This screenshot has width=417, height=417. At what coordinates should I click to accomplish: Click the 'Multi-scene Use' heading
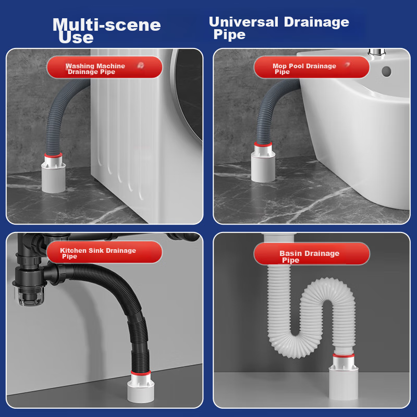(x=106, y=31)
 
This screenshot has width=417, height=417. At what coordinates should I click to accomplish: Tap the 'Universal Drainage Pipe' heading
(x=279, y=28)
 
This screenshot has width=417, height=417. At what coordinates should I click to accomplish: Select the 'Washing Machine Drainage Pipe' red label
(x=105, y=67)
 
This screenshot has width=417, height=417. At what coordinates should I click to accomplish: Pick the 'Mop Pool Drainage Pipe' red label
(x=312, y=67)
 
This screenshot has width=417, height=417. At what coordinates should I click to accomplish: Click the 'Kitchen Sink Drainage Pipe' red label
(x=104, y=252)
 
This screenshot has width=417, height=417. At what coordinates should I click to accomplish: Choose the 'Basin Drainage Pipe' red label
(x=312, y=254)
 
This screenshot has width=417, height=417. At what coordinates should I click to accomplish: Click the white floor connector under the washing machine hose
(x=54, y=174)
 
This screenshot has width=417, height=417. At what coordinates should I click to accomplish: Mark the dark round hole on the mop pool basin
(x=386, y=71)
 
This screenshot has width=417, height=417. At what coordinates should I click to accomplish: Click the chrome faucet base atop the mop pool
(x=377, y=53)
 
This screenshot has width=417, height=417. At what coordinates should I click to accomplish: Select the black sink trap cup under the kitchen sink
(x=30, y=294)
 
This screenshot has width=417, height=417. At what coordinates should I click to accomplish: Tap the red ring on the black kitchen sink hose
(x=141, y=373)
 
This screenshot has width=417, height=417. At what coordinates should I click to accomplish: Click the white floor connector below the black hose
(x=141, y=388)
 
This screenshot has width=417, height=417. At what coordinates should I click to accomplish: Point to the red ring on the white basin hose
(x=344, y=355)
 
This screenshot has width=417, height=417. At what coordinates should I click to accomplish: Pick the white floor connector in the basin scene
(x=344, y=377)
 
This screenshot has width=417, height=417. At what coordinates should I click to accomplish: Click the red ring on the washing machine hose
(x=54, y=155)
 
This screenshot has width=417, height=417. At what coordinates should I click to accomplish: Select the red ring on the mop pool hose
(x=263, y=144)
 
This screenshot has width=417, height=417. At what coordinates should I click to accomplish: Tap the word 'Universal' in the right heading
(x=243, y=22)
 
